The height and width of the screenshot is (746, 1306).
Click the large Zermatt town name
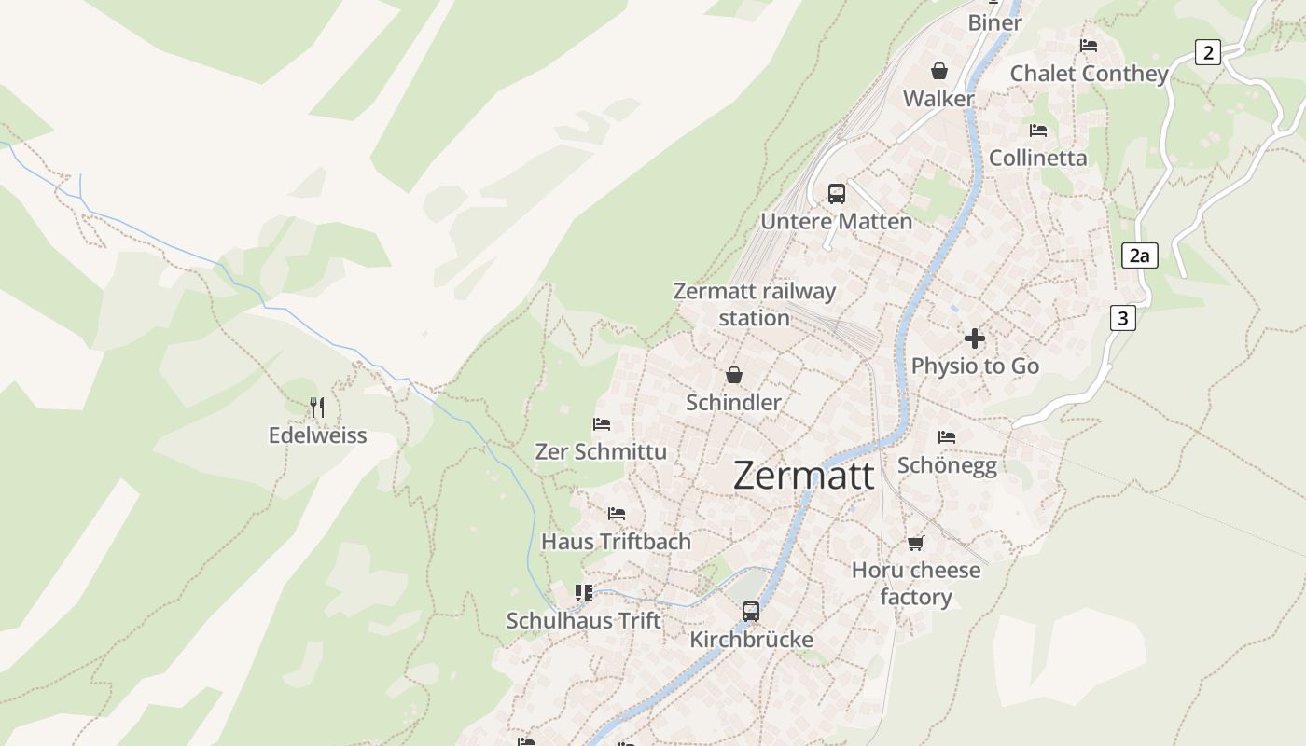(803, 476)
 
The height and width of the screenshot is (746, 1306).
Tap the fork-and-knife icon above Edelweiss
(317, 407)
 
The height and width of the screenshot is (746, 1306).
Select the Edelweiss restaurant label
(317, 435)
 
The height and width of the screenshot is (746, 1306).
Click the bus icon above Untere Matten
(837, 194)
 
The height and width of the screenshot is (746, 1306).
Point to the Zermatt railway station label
(755, 304)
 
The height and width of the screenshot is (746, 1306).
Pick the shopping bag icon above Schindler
(734, 375)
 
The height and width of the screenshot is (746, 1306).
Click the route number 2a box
(1139, 256)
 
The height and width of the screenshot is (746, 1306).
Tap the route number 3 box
(1122, 318)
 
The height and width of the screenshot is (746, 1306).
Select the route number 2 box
(1208, 52)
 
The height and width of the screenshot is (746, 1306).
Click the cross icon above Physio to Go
(975, 338)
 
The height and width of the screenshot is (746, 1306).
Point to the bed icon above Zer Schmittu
(602, 424)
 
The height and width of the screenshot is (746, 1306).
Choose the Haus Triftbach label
(616, 541)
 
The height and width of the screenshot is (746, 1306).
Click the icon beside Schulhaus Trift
(584, 593)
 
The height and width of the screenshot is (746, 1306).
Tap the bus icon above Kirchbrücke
(751, 612)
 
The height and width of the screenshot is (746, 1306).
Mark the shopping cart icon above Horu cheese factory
(916, 543)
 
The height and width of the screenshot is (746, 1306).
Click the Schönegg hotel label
(947, 464)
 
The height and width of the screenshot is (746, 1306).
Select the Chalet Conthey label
(1089, 73)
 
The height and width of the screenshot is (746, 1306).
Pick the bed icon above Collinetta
(1038, 130)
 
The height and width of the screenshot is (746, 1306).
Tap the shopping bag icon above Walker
(938, 71)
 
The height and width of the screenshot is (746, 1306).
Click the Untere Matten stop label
(837, 221)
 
